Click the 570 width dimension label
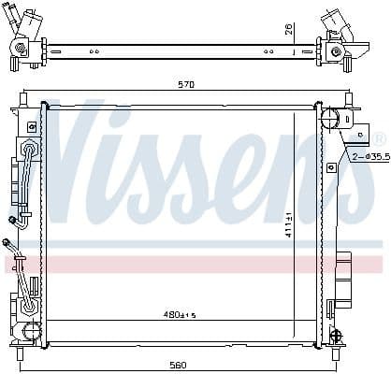click(x=185, y=85)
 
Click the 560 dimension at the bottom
click(x=178, y=364)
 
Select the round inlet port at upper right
click(x=330, y=119)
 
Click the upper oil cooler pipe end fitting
click(x=14, y=222)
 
